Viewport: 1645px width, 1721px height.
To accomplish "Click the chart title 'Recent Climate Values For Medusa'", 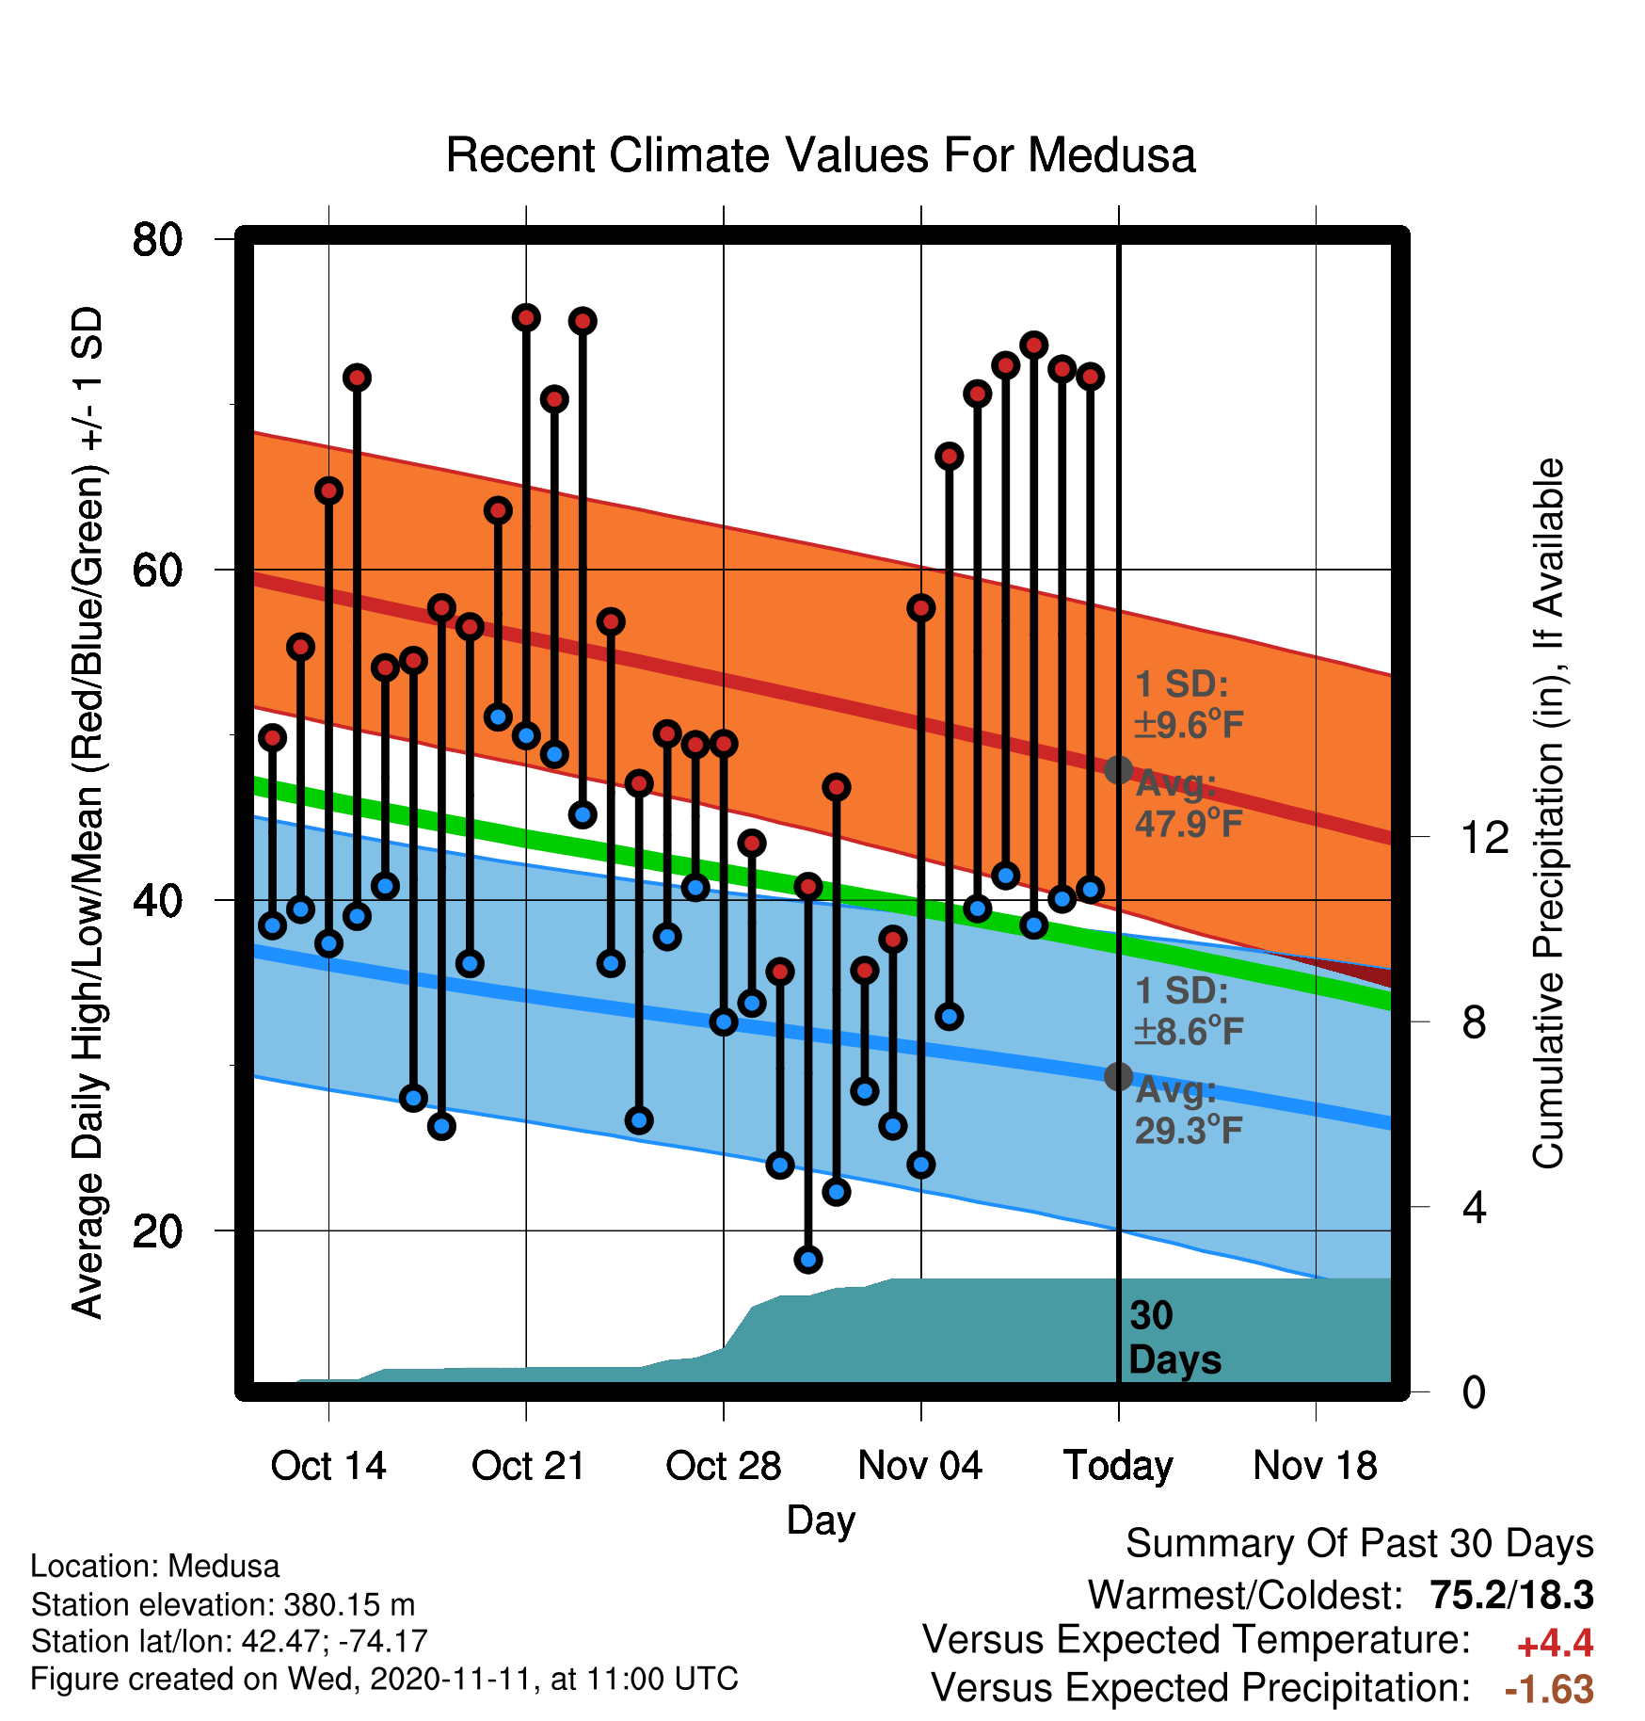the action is click(x=821, y=155).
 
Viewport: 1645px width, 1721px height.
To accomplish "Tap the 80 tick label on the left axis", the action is click(x=157, y=239).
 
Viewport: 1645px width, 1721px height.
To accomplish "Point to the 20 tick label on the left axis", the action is click(x=157, y=1230).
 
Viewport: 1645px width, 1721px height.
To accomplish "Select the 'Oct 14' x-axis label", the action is click(x=328, y=1466).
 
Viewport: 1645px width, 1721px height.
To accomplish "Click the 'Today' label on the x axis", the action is click(x=1118, y=1467).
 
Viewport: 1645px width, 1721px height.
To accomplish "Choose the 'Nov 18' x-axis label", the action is click(x=1316, y=1466).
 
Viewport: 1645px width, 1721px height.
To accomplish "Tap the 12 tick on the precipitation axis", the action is click(x=1484, y=837).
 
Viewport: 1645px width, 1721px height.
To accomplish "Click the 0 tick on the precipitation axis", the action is click(x=1474, y=1391).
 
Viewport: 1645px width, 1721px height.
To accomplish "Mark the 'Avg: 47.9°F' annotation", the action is click(x=1188, y=803).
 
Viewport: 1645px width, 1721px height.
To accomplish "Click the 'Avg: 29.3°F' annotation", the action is click(x=1188, y=1110).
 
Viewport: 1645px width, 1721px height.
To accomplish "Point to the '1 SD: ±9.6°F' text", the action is click(x=1189, y=704).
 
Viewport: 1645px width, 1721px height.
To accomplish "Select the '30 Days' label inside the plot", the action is click(x=1174, y=1338).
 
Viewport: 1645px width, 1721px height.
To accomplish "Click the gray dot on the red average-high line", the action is click(x=1118, y=770).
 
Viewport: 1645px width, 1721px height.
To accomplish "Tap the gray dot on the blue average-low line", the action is click(x=1118, y=1076).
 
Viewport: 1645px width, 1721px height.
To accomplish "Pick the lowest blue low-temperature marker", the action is click(x=808, y=1259).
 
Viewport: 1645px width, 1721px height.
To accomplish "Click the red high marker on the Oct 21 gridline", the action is click(x=526, y=317).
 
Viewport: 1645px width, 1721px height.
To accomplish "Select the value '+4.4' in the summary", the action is click(x=1555, y=1644).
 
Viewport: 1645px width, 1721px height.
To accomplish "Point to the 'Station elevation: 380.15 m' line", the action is click(x=223, y=1604).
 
